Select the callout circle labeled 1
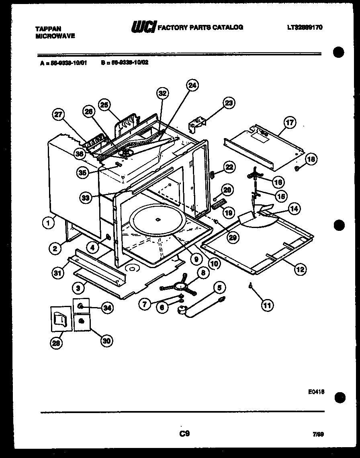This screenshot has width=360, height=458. tap(49, 223)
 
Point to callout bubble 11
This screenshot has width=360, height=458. tap(266, 305)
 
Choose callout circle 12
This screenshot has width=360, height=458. tap(300, 269)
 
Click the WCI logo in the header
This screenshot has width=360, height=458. tap(143, 27)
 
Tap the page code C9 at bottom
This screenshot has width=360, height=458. tap(184, 434)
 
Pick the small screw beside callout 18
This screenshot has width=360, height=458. tap(297, 168)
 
